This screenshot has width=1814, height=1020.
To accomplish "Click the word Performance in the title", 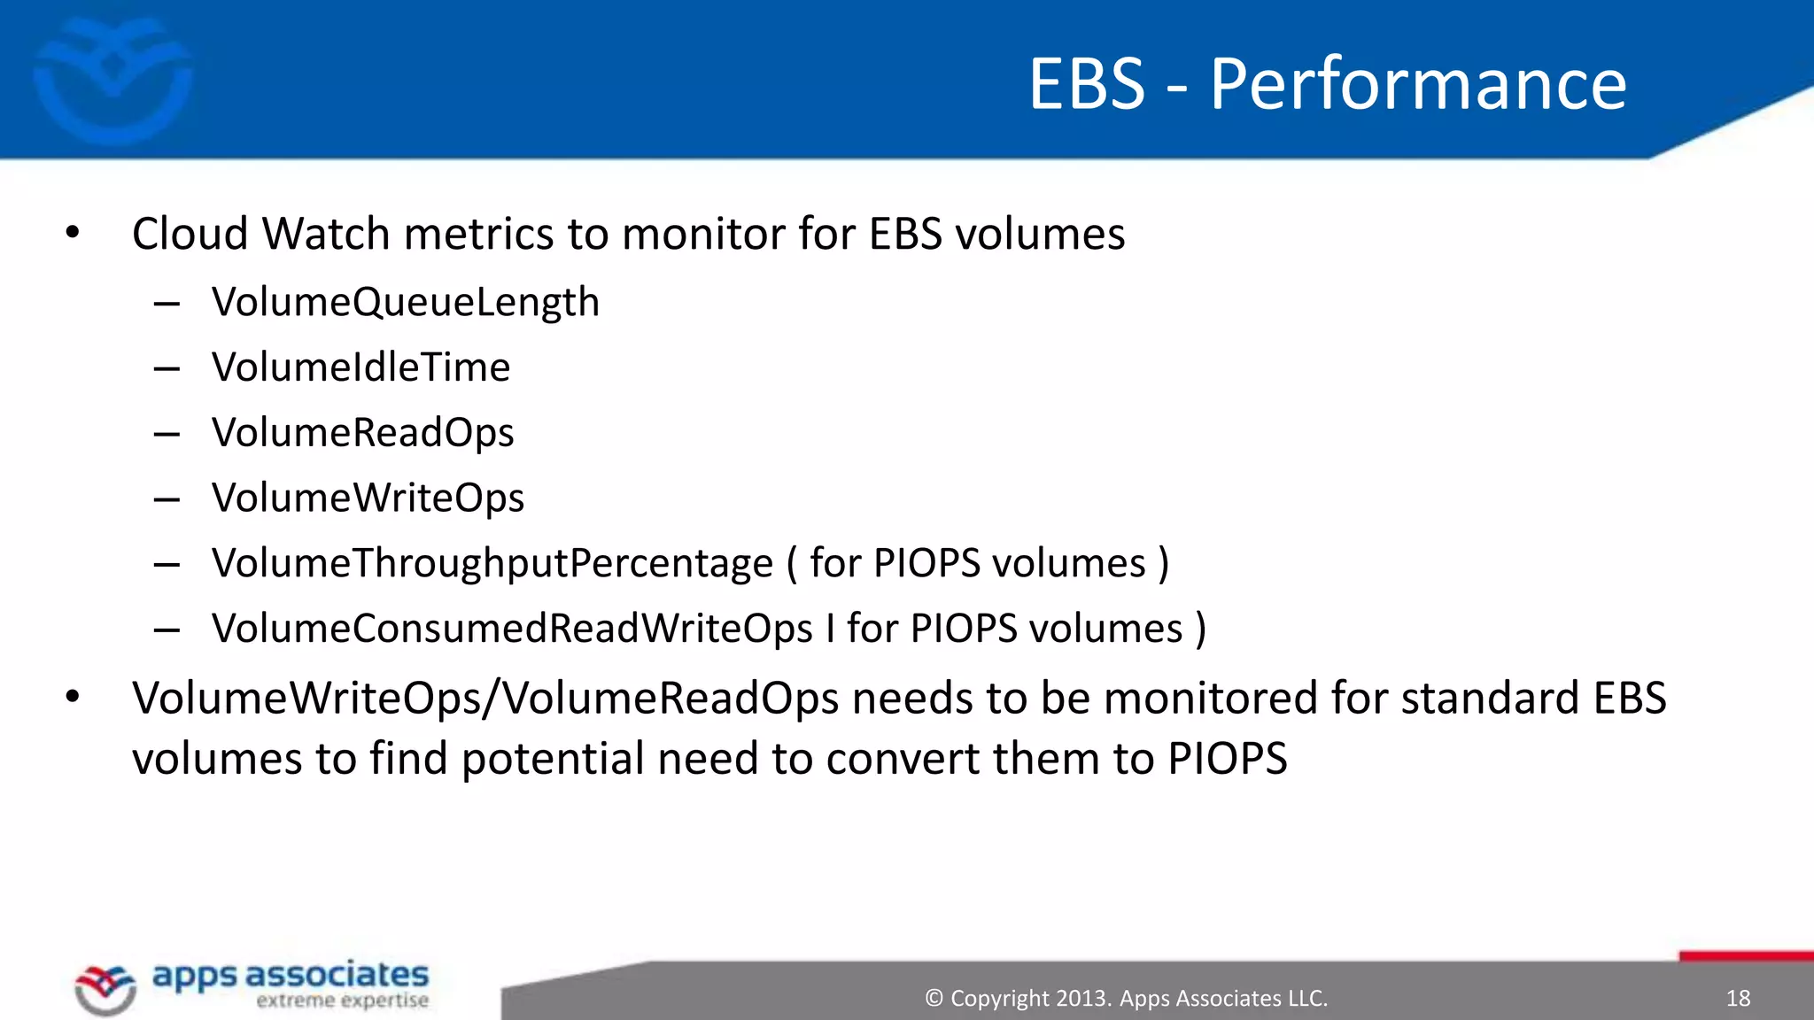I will click(x=1418, y=84).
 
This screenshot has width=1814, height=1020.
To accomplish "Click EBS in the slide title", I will click(x=1087, y=84).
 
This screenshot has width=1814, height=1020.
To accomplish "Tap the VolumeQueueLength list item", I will click(x=406, y=302).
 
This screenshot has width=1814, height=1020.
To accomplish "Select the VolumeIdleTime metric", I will click(x=360, y=367).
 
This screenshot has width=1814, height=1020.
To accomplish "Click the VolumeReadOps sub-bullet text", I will click(x=362, y=433).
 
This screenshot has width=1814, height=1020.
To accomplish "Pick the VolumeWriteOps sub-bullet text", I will click(x=368, y=498).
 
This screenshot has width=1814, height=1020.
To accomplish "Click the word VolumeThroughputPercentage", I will click(x=492, y=564).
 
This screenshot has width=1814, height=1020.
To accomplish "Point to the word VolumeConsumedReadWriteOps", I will click(x=512, y=629).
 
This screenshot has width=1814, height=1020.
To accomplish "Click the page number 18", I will click(x=1738, y=999).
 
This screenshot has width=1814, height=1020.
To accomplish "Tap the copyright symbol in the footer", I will click(x=934, y=999).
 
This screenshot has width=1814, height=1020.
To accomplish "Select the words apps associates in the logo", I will click(x=291, y=975).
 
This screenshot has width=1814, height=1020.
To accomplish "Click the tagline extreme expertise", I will click(x=342, y=1001).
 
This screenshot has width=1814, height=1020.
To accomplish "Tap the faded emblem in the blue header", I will click(x=112, y=80).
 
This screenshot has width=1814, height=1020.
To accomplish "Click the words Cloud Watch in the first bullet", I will click(x=261, y=235).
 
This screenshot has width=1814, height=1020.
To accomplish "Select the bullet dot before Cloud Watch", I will click(x=73, y=233).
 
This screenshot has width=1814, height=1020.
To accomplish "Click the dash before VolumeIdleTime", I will click(x=167, y=368).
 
